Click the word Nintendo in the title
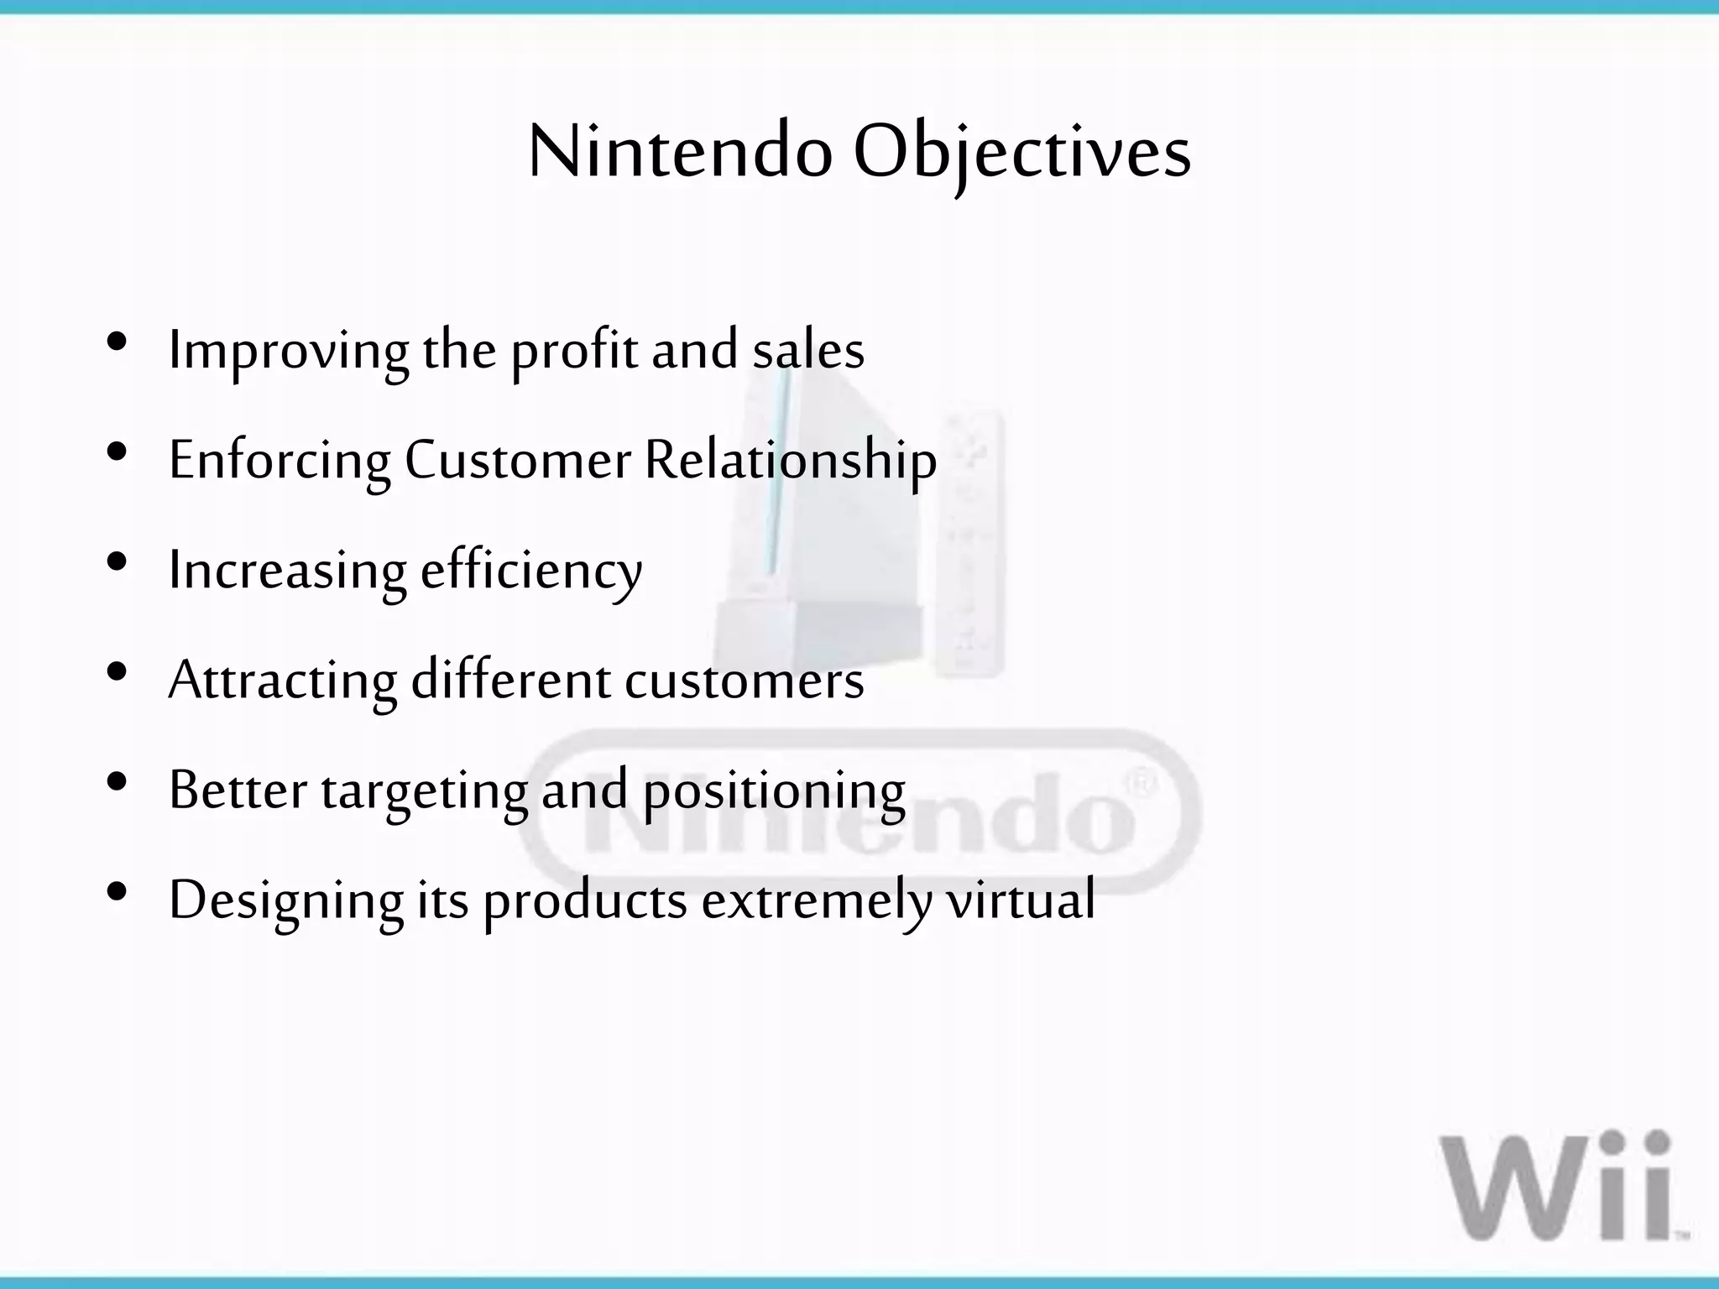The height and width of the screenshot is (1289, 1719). tap(680, 153)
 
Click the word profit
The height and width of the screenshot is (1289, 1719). tap(574, 351)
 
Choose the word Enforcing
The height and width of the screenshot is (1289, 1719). tap(280, 461)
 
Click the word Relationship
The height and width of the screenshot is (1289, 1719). tap(790, 461)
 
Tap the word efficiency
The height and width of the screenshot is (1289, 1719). tap(530, 571)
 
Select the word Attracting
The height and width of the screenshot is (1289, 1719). tap(282, 680)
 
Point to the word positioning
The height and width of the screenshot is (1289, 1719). tap(773, 791)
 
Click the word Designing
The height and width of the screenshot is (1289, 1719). tap(285, 900)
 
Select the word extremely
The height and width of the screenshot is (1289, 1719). tap(816, 900)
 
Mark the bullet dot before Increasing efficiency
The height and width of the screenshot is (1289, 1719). tap(118, 561)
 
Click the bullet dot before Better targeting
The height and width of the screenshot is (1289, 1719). tap(118, 782)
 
